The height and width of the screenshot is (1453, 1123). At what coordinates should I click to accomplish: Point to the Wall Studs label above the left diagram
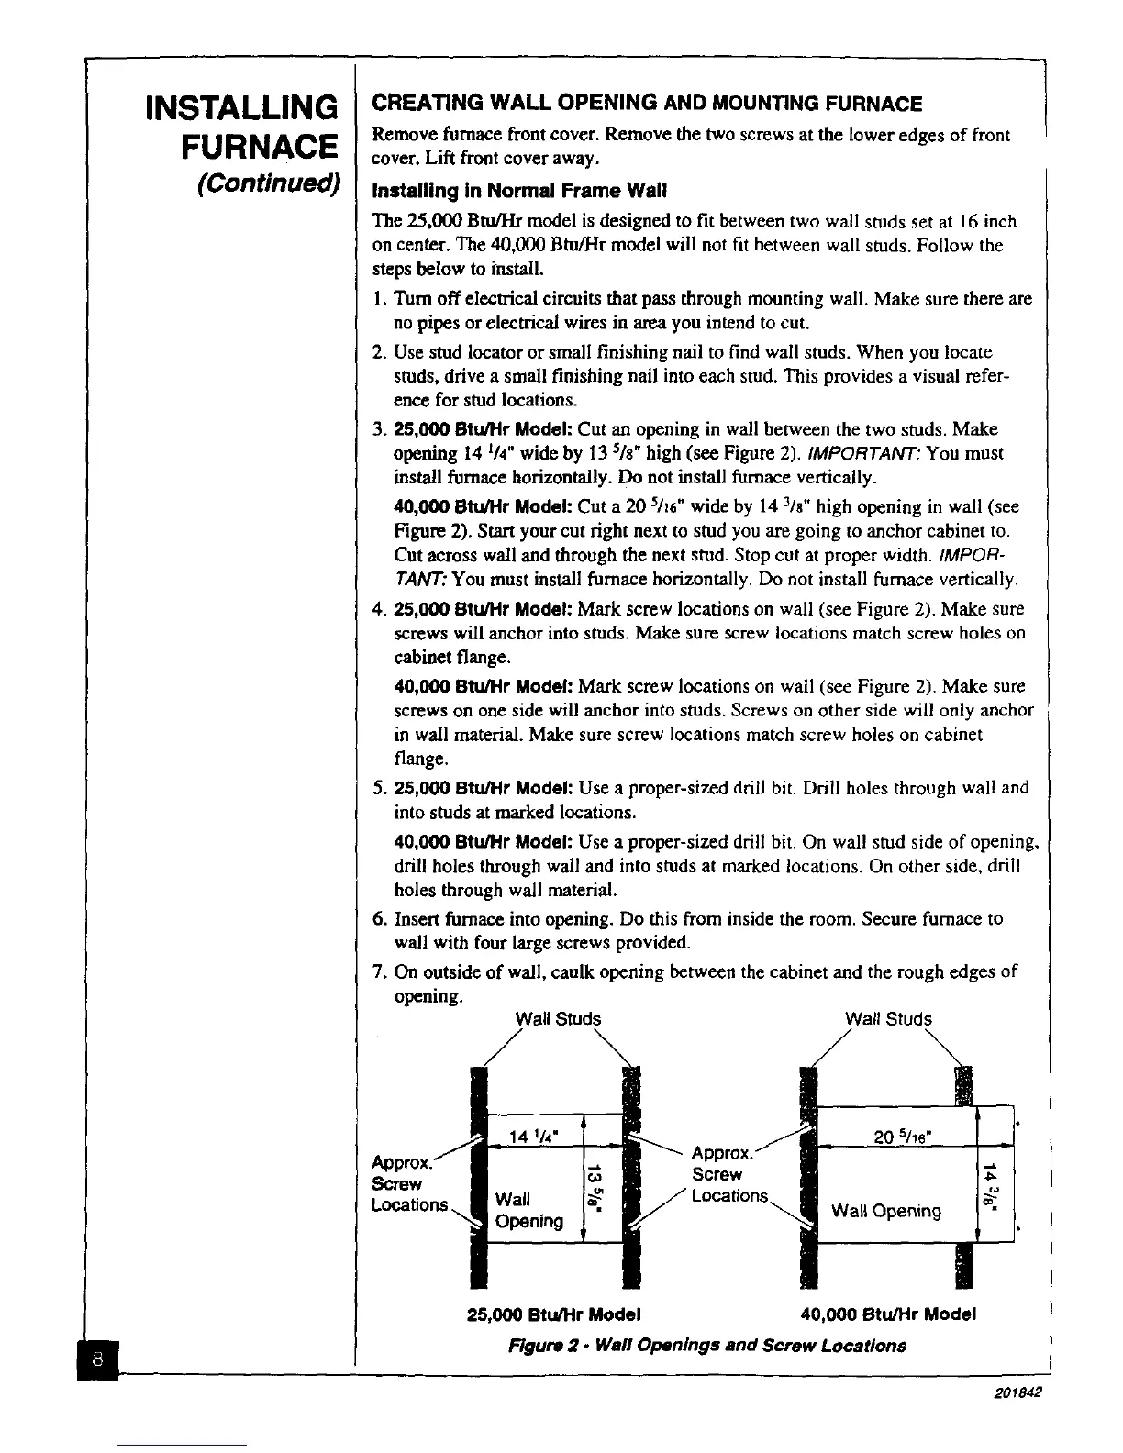pyautogui.click(x=558, y=1019)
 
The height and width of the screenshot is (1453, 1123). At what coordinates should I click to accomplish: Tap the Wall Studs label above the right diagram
pyautogui.click(x=887, y=1019)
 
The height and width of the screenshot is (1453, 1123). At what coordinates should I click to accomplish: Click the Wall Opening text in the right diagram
pyautogui.click(x=885, y=1211)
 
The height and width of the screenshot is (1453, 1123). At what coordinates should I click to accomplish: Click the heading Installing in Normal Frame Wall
pyautogui.click(x=517, y=192)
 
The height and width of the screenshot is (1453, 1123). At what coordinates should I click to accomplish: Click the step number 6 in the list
pyautogui.click(x=379, y=919)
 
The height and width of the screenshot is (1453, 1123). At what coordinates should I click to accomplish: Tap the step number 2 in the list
pyautogui.click(x=379, y=352)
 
